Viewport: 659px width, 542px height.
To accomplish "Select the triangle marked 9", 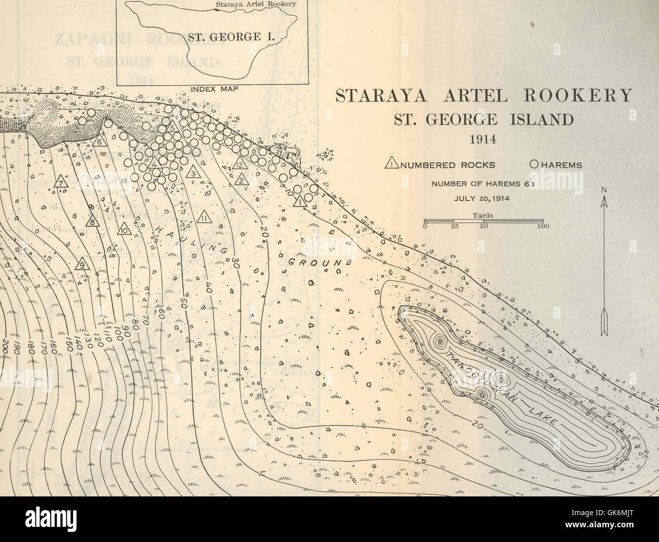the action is pyautogui.click(x=83, y=263).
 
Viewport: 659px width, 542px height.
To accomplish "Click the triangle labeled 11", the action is pyautogui.click(x=204, y=218).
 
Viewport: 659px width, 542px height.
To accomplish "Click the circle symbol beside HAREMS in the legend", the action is pyautogui.click(x=533, y=165).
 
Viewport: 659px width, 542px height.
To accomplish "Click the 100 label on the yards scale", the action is pyautogui.click(x=541, y=227).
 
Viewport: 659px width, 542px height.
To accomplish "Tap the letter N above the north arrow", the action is pyautogui.click(x=604, y=190).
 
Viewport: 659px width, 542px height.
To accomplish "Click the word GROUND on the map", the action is pyautogui.click(x=320, y=262).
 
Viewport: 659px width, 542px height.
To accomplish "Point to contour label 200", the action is pyautogui.click(x=4, y=346).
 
